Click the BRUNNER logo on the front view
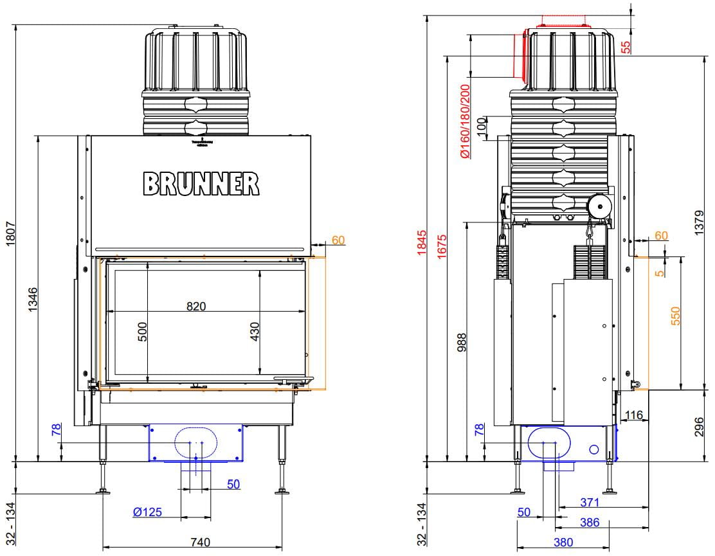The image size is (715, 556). click(201, 183)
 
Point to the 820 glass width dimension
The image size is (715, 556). click(196, 306)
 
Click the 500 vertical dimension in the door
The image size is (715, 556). click(143, 332)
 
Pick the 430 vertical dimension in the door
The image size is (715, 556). click(254, 332)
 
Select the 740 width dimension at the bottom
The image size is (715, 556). click(200, 543)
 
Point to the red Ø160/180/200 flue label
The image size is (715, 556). click(465, 122)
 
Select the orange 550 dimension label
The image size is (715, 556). click(675, 316)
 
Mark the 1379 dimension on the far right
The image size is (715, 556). click(700, 222)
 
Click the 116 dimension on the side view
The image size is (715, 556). click(634, 416)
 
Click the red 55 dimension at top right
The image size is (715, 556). click(626, 46)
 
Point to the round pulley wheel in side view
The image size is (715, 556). click(600, 207)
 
